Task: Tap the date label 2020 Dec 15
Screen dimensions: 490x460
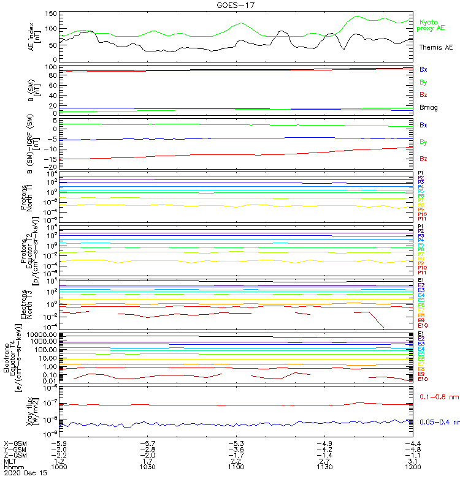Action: tap(25, 473)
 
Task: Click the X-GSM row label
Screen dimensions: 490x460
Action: tap(17, 443)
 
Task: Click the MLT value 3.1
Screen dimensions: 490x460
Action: tap(413, 461)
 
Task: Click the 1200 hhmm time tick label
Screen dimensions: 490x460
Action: tap(413, 466)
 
